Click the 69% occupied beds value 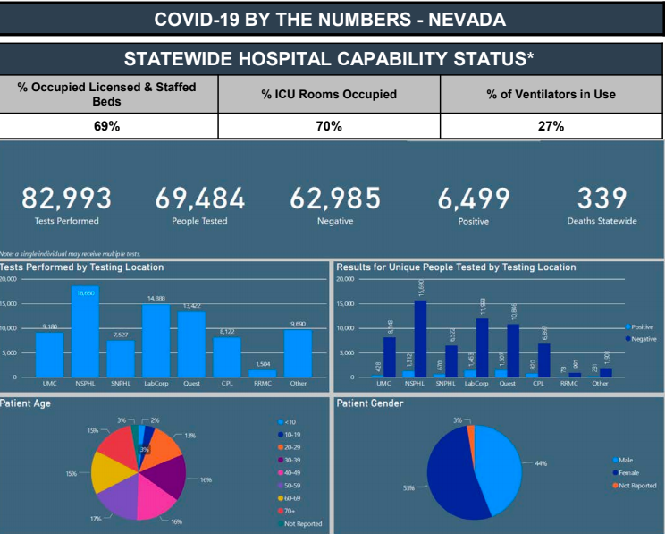click(107, 126)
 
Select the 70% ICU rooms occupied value click(329, 126)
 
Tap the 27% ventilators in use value click(551, 126)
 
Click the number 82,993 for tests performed click(67, 199)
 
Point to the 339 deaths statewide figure click(602, 199)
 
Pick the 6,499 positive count click(474, 199)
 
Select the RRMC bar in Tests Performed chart click(262, 373)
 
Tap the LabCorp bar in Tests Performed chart click(156, 342)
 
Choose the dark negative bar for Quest click(513, 350)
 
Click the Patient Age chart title click(26, 403)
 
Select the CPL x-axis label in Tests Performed click(227, 384)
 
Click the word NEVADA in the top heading click(462, 19)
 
